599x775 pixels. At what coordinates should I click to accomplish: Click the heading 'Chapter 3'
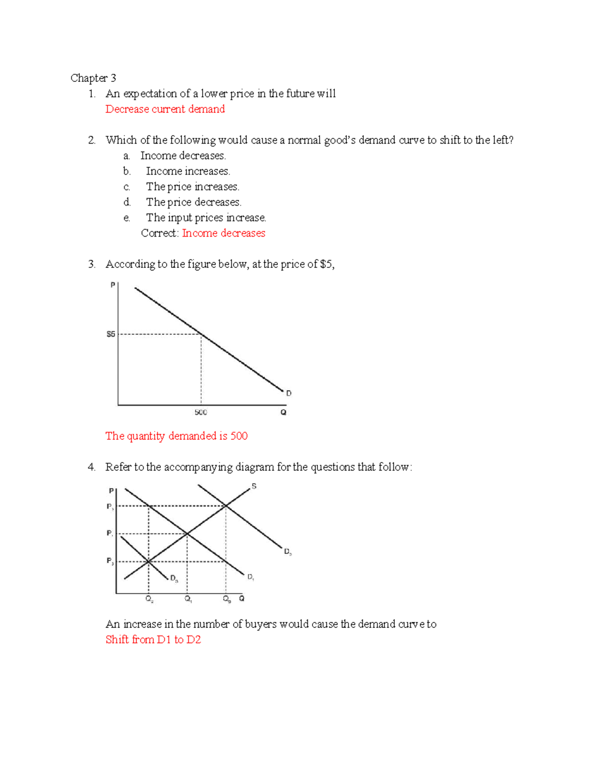[x=93, y=78]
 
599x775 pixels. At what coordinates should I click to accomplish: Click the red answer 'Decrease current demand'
[x=165, y=109]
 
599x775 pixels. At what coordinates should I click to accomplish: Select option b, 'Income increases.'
[x=188, y=171]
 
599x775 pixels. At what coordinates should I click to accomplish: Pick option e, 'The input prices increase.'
[x=206, y=218]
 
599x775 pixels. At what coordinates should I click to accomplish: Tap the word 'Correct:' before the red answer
[x=160, y=233]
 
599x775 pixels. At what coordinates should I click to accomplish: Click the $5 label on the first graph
[x=111, y=334]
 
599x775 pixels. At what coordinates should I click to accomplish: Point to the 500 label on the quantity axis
[x=201, y=412]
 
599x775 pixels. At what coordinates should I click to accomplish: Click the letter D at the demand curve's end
[x=289, y=393]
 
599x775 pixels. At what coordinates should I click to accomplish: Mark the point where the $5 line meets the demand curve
[x=201, y=334]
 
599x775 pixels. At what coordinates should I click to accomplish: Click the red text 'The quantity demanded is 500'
[x=176, y=436]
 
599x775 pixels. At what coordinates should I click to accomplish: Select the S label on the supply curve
[x=254, y=486]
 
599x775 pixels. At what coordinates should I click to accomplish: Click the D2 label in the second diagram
[x=288, y=551]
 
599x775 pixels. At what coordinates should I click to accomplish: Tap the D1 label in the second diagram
[x=251, y=577]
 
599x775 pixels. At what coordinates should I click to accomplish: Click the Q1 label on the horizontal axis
[x=188, y=599]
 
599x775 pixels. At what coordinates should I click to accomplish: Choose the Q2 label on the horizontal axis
[x=149, y=599]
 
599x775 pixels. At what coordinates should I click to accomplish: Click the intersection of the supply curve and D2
[x=226, y=506]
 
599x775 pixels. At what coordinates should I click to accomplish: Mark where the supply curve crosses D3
[x=148, y=562]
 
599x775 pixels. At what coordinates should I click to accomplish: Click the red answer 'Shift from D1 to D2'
[x=153, y=639]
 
